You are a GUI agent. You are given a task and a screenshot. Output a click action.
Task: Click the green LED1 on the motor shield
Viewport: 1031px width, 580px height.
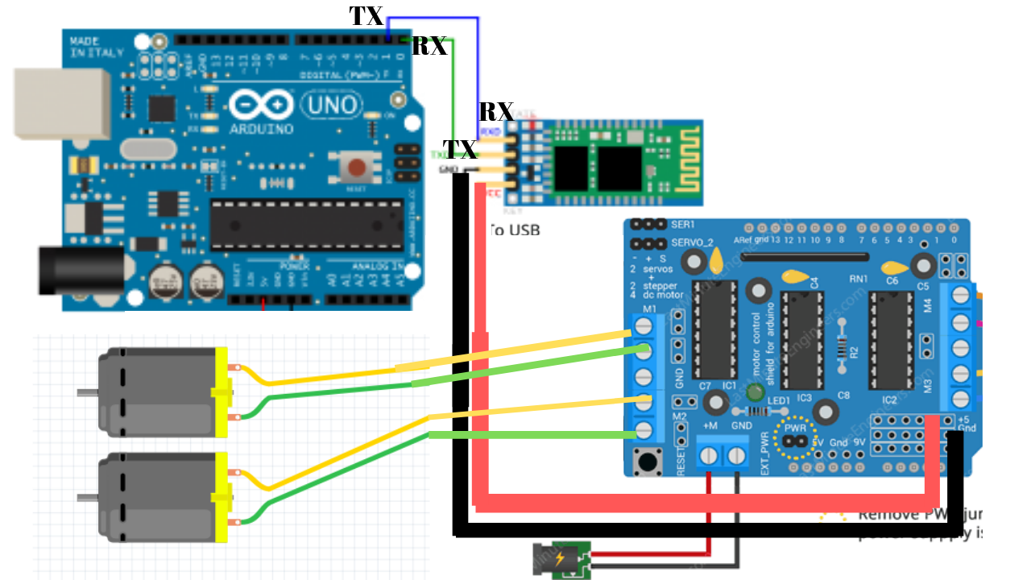tap(755, 393)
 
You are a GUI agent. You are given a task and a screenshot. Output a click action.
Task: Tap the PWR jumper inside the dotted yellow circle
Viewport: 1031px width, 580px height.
tap(793, 441)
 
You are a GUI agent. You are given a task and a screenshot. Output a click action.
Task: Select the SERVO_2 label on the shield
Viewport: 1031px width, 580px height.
tap(692, 242)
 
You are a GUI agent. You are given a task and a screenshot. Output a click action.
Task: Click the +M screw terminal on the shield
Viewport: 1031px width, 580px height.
tap(710, 456)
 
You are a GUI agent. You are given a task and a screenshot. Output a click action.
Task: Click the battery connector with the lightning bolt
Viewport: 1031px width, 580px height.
tap(561, 558)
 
